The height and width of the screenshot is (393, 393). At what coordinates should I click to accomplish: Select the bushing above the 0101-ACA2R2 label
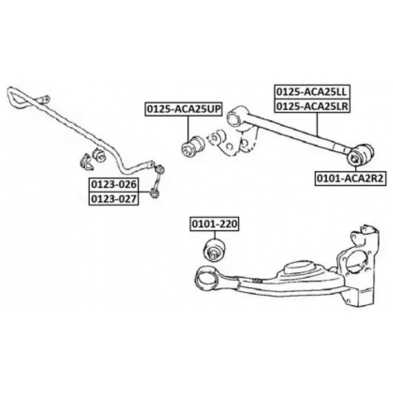pyautogui.click(x=360, y=155)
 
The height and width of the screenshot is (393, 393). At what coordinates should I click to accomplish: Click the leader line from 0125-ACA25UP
pyautogui.click(x=189, y=126)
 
